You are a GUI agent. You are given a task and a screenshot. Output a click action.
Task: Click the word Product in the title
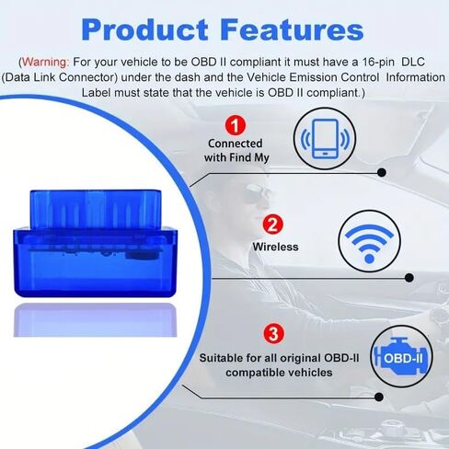pos(144,29)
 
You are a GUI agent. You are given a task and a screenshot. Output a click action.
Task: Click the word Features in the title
pos(292,29)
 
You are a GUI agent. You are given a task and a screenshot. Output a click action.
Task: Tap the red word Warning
pos(45,62)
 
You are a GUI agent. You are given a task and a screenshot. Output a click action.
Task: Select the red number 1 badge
pos(236,125)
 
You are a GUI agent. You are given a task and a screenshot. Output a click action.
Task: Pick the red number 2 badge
pos(272,224)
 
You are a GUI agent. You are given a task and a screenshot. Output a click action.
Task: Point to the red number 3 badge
pos(273,334)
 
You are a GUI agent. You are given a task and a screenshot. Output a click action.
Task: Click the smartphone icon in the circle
pos(325,139)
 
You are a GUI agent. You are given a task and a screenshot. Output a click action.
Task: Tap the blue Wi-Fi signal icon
pos(369,243)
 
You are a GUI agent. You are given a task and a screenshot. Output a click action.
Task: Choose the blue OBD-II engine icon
pos(401,356)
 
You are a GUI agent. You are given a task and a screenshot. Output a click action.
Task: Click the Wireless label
pos(275,247)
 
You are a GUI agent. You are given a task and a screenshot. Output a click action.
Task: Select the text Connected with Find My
pos(236,150)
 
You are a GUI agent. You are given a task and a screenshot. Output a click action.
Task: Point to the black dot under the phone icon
pos(382,172)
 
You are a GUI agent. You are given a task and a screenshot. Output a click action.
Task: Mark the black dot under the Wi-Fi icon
pos(409,278)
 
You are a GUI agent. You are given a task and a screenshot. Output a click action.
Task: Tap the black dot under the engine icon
pos(379,397)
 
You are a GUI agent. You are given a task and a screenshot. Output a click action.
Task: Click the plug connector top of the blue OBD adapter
pos(96,209)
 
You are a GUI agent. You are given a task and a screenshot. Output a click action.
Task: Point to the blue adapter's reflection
pos(95,320)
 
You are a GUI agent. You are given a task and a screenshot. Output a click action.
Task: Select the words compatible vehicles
pos(279,373)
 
